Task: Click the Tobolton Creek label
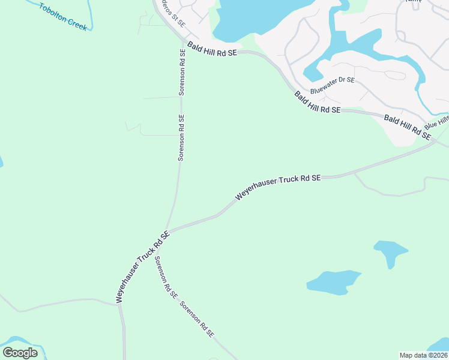click(x=63, y=17)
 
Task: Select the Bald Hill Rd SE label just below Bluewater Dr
click(x=317, y=103)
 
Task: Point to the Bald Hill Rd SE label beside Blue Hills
click(x=408, y=127)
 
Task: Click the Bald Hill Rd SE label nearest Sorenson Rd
click(x=212, y=49)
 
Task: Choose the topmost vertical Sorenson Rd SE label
click(x=182, y=73)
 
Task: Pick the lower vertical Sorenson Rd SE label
click(x=181, y=137)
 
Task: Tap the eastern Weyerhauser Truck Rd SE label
click(x=278, y=187)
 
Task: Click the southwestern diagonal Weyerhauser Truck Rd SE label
click(x=142, y=268)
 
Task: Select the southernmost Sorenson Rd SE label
click(x=197, y=319)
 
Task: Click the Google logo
click(x=20, y=353)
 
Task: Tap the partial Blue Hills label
click(x=437, y=122)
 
